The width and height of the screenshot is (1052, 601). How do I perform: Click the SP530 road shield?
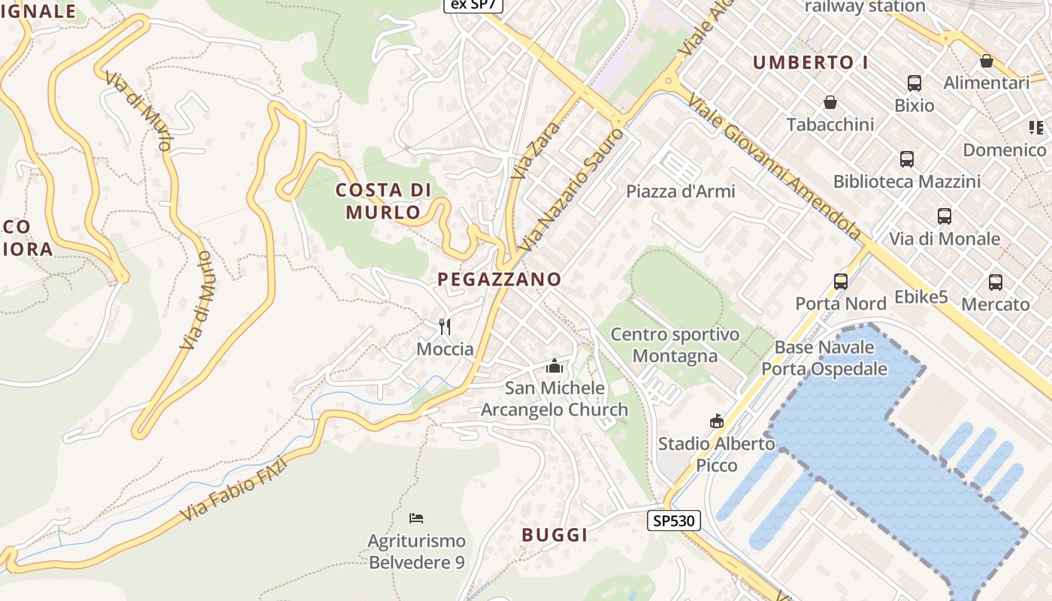point(674,521)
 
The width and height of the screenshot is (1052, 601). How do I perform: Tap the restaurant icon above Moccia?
point(445,326)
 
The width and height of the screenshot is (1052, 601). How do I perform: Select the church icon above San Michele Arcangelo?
point(555,366)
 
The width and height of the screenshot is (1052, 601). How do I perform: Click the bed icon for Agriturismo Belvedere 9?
point(416,518)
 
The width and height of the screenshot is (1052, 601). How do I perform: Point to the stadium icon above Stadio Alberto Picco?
point(716,421)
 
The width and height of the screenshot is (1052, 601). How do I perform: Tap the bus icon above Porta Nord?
point(841,282)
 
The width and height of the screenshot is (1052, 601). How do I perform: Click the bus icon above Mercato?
point(996,282)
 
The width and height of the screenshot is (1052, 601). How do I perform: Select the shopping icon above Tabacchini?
point(830,102)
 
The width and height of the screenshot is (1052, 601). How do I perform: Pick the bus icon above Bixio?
point(914,83)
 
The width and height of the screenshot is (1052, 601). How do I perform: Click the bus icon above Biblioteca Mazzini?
point(907,159)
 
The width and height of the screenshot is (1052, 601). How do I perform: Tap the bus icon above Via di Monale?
point(945,216)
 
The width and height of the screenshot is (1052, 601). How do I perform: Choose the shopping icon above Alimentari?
point(987,61)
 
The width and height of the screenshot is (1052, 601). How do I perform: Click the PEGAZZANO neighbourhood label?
point(500,279)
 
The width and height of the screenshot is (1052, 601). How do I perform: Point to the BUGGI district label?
point(555,535)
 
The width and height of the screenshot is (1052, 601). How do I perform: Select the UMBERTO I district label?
point(811,62)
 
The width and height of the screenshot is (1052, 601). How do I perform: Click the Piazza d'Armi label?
point(681,192)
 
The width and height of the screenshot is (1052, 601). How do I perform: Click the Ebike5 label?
point(921,297)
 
